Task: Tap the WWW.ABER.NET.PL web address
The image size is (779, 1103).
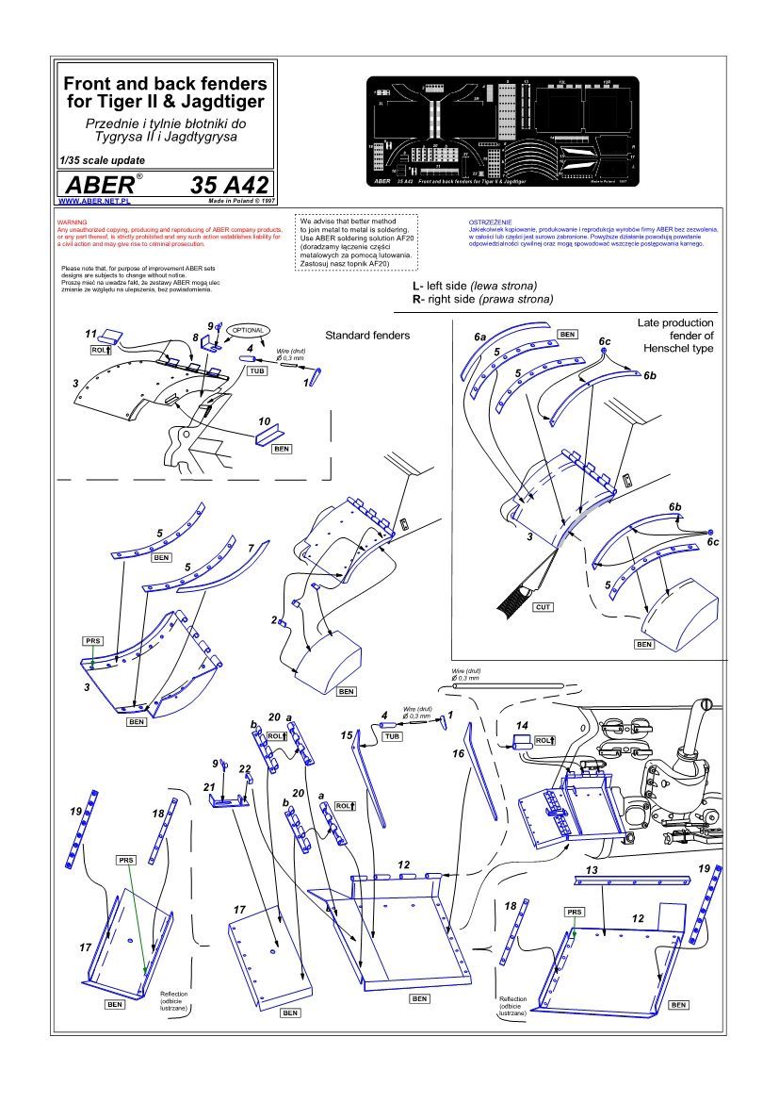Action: click(x=94, y=201)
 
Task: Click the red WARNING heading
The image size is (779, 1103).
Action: click(x=72, y=222)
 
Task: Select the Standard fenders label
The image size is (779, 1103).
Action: click(x=367, y=336)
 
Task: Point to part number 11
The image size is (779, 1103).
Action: click(x=91, y=334)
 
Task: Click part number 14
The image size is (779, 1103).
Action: click(x=523, y=725)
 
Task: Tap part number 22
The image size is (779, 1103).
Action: click(x=244, y=769)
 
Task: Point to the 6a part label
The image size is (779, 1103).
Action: click(x=480, y=336)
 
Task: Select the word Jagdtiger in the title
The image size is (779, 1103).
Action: click(x=221, y=100)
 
